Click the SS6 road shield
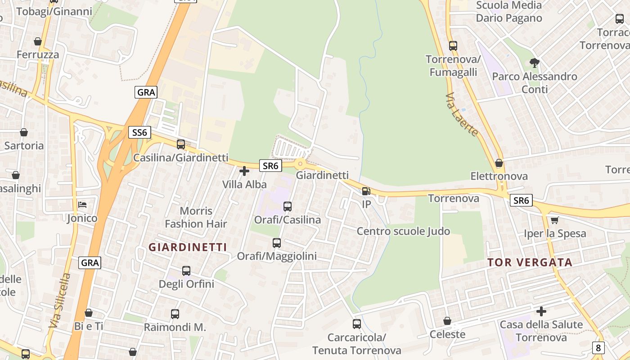pos(139,132)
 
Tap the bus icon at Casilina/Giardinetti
pos(181,144)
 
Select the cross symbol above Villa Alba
pos(244,171)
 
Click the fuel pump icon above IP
pos(366,191)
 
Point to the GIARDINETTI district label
pos(188,247)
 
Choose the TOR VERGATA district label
pos(530,262)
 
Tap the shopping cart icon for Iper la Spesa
pos(555,220)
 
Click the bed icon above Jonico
pos(82,205)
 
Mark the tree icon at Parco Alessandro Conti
pos(534,63)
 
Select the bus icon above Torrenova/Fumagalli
pos(453,45)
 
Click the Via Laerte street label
pos(462,115)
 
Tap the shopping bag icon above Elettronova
pos(499,163)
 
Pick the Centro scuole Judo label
pos(403,231)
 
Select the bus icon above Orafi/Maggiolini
pos(277,243)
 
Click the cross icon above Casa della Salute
pos(541,311)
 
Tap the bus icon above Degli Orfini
pos(186,270)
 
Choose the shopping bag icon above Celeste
pos(447,321)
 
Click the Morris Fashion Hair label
pos(196,217)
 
